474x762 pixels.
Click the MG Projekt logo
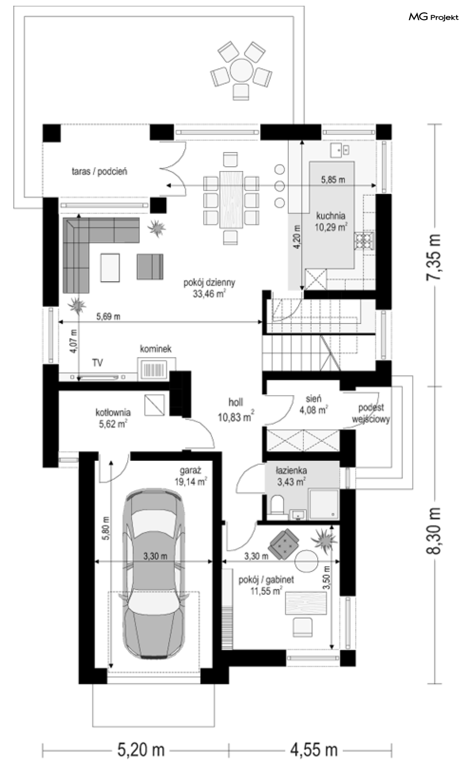(x=434, y=17)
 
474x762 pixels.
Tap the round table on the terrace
(x=241, y=70)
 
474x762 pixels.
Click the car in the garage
(x=154, y=575)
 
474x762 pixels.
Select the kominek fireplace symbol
(x=156, y=369)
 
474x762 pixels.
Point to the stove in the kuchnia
(x=364, y=241)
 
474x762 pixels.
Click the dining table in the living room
(x=231, y=200)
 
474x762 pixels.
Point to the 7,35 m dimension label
(x=434, y=257)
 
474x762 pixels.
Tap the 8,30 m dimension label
(x=434, y=530)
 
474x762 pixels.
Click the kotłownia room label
(x=113, y=418)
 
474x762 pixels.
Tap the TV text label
(x=98, y=363)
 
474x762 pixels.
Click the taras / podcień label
(x=99, y=172)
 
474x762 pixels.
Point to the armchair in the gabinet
(x=283, y=544)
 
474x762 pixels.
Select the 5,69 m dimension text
(x=108, y=316)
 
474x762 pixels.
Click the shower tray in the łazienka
(x=324, y=505)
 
